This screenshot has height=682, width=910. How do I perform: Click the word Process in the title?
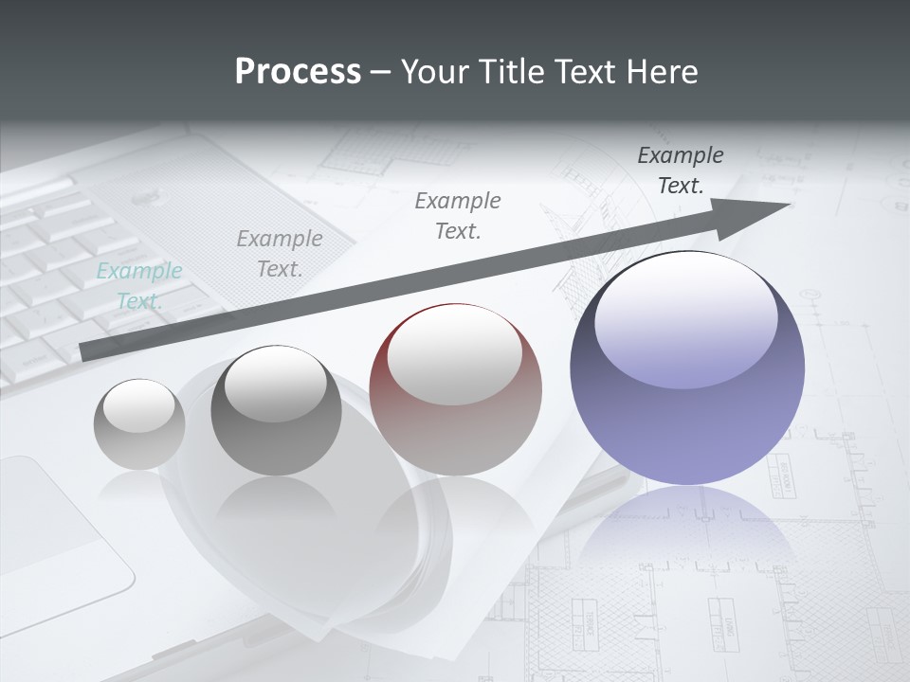tap(298, 72)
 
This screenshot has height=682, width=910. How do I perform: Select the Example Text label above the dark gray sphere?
tap(280, 254)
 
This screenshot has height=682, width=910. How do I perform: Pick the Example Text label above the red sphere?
tap(458, 215)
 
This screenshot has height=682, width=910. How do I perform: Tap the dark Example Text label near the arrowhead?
tap(681, 170)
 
